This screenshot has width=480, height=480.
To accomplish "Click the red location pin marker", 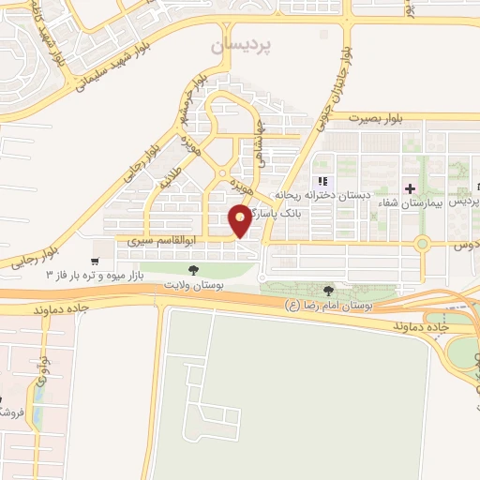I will pyautogui.click(x=241, y=220).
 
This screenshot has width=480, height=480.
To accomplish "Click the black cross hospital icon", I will pyautogui.click(x=410, y=188).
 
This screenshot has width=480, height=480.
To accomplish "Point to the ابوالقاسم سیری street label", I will pyautogui.click(x=145, y=241).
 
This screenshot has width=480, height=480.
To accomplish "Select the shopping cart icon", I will pyautogui.click(x=95, y=261).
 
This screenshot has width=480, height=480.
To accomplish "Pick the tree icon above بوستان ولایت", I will pyautogui.click(x=193, y=270).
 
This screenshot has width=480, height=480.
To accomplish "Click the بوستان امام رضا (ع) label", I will pyautogui.click(x=330, y=306).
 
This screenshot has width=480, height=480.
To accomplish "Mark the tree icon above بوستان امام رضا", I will pyautogui.click(x=327, y=291).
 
